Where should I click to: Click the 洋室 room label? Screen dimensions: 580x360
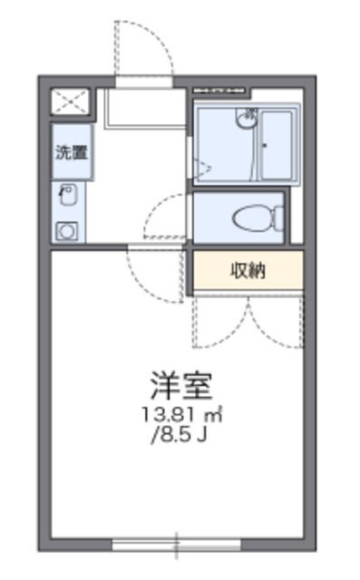[181, 386]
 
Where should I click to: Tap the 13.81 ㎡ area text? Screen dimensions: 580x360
[181, 416]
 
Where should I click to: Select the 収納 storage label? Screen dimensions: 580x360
[247, 271]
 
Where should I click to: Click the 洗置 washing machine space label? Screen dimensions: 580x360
[71, 152]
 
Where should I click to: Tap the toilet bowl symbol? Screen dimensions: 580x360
[255, 218]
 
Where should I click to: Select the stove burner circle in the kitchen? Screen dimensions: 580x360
[67, 230]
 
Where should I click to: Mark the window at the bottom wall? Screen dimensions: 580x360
[177, 546]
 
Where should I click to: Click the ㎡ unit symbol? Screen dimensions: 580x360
[214, 416]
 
